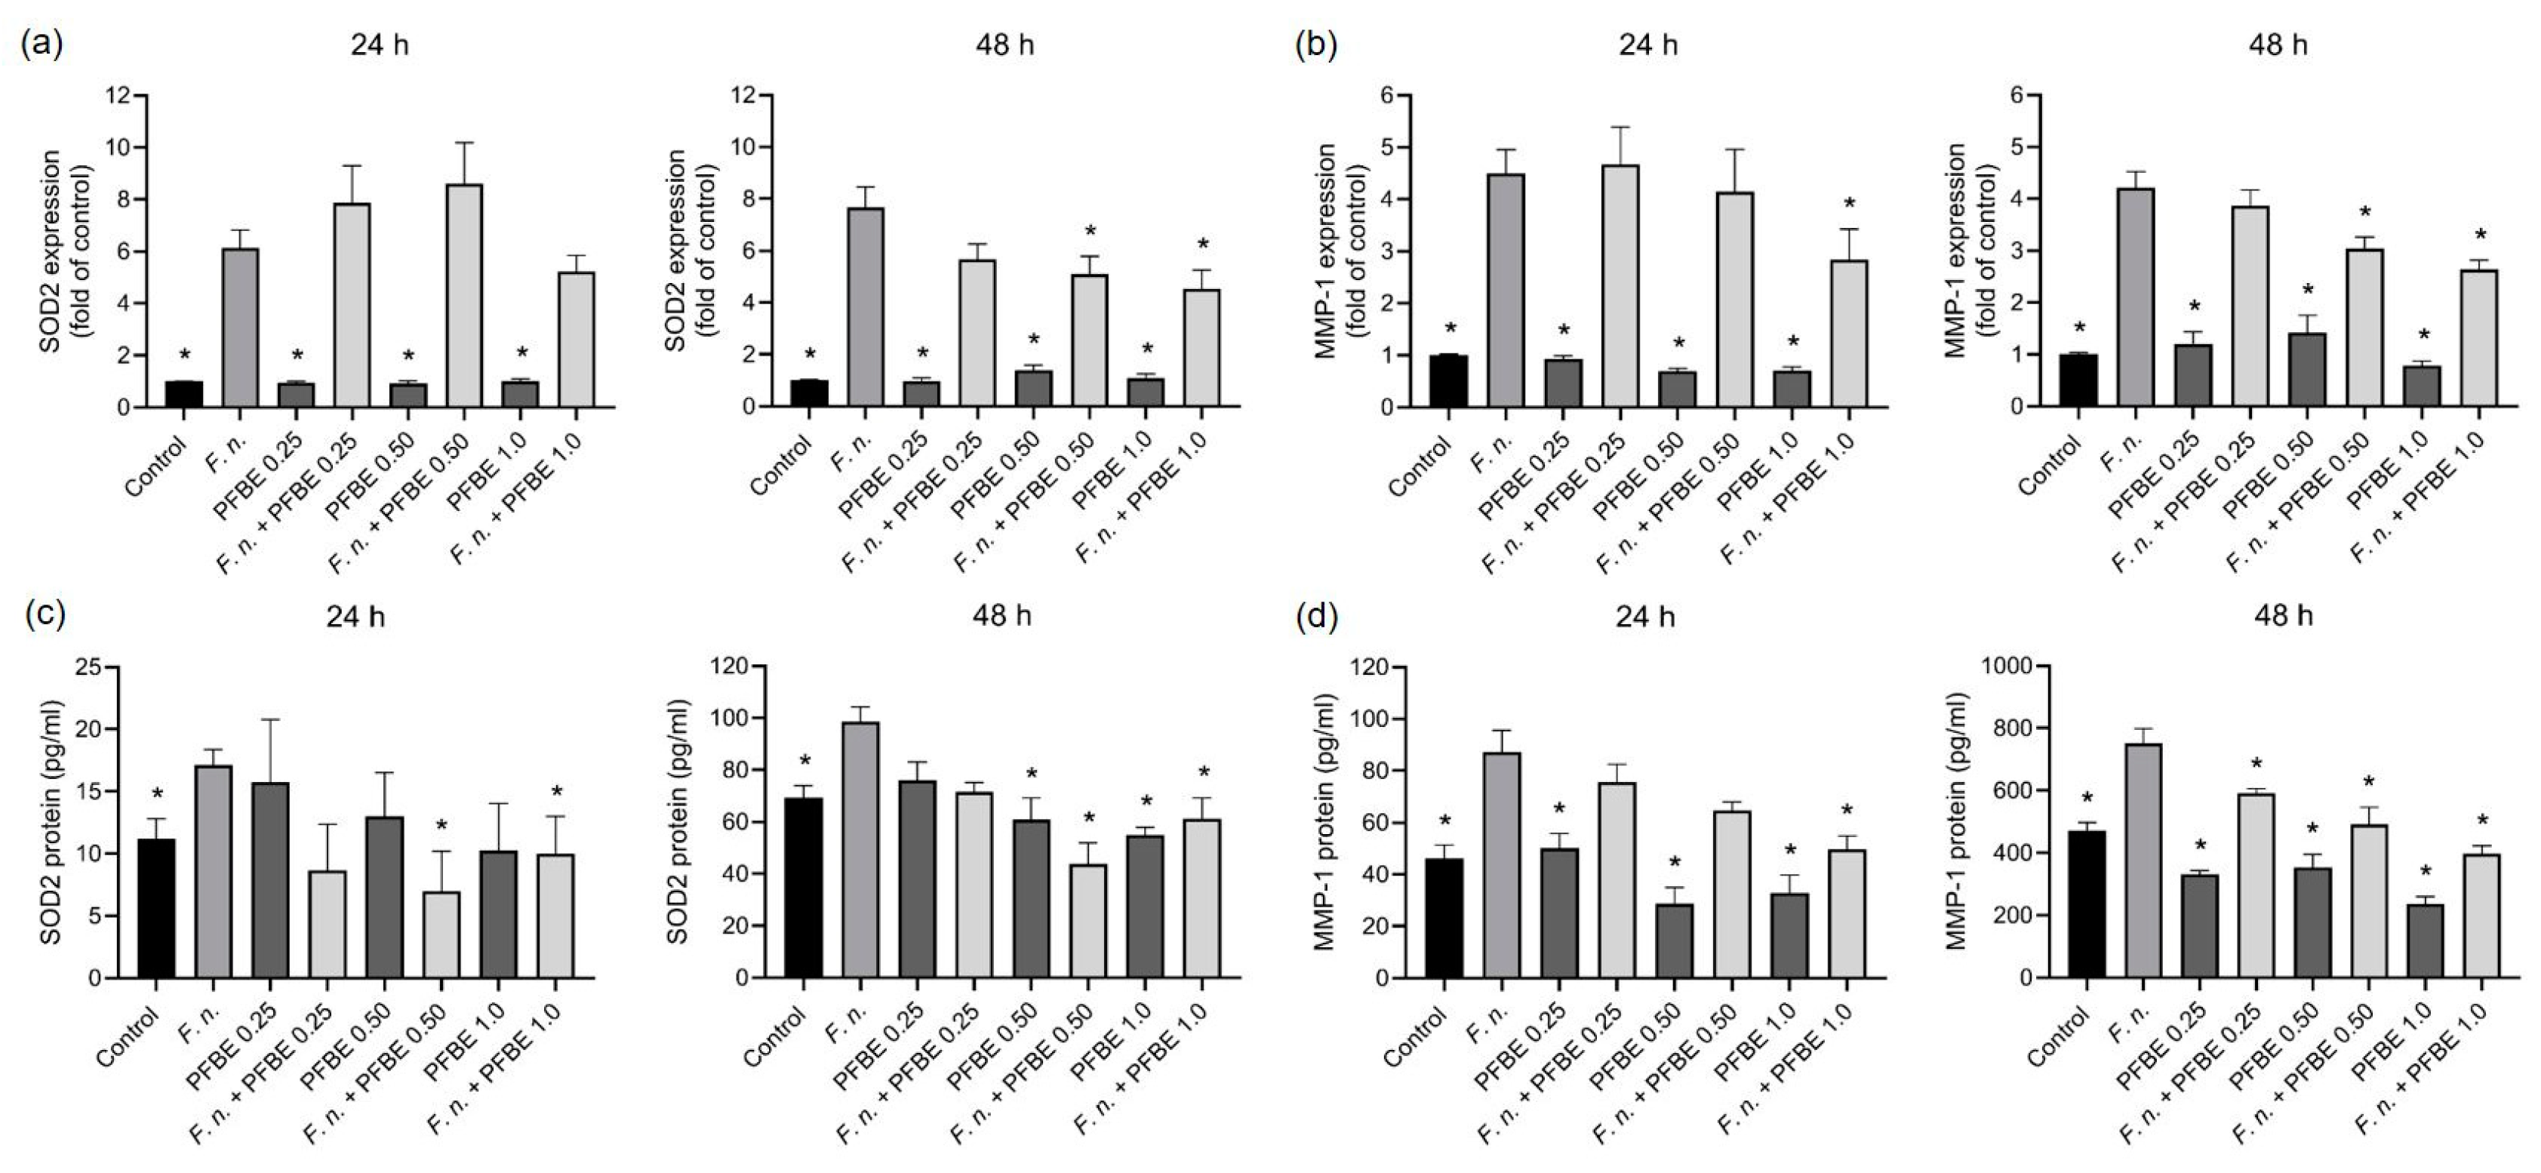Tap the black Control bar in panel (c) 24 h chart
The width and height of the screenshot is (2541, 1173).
(156, 907)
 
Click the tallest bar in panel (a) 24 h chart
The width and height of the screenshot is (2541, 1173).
(463, 296)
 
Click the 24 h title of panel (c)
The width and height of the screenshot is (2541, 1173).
(355, 617)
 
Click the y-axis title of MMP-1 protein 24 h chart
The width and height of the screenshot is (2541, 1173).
(1326, 823)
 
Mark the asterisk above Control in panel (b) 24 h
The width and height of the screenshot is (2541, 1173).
(1449, 328)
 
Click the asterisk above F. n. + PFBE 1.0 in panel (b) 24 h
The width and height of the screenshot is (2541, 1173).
(1850, 205)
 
